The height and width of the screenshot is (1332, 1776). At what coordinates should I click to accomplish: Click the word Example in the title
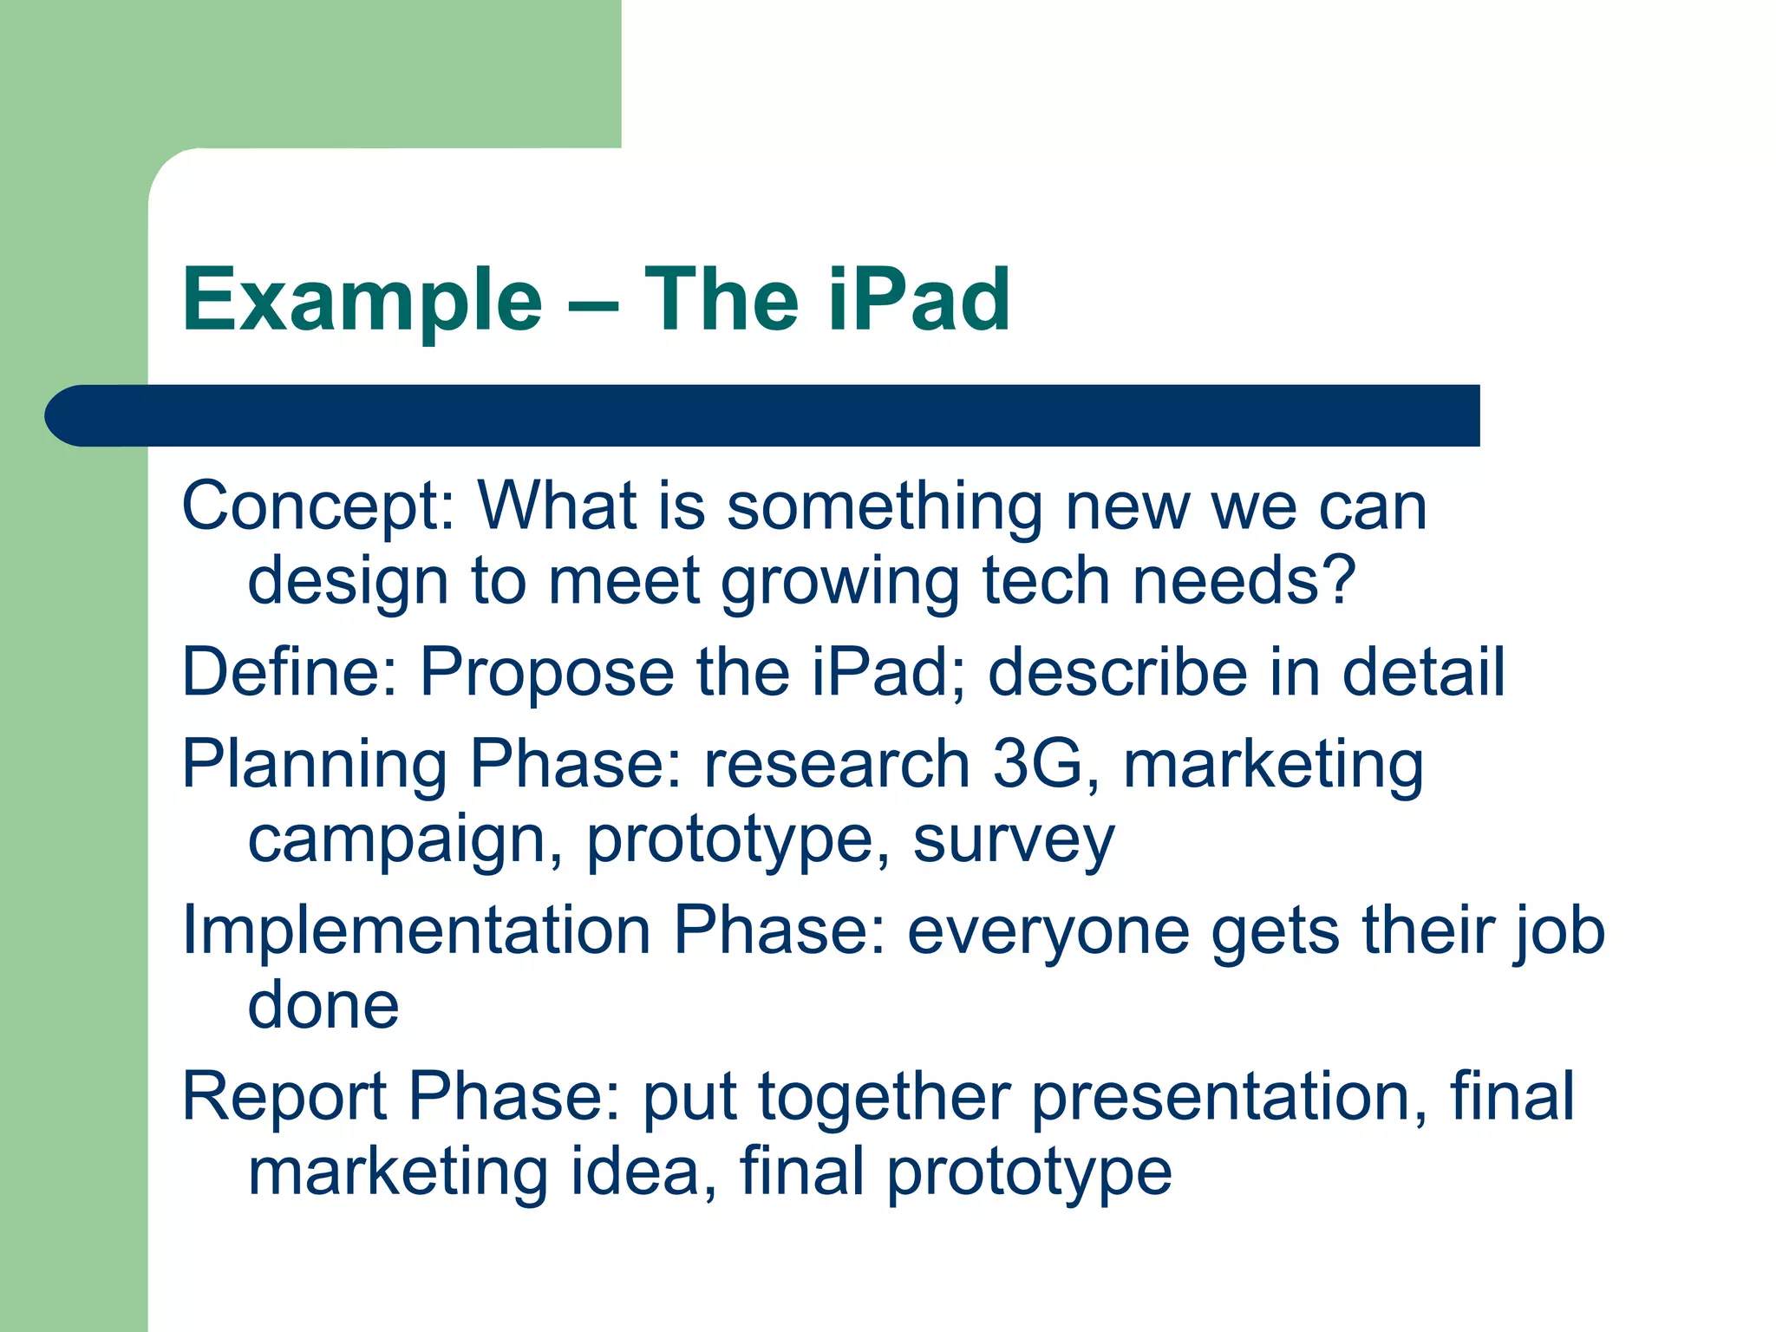click(362, 300)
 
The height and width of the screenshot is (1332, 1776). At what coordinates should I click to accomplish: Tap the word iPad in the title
click(919, 300)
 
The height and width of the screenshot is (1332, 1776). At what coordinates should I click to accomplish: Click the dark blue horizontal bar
click(763, 415)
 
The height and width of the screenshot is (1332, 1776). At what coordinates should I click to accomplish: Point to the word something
click(885, 507)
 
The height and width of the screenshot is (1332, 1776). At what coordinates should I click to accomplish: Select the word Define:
click(291, 672)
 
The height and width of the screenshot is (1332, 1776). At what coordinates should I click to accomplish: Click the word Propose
click(547, 674)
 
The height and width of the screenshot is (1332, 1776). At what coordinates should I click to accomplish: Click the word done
click(323, 1006)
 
